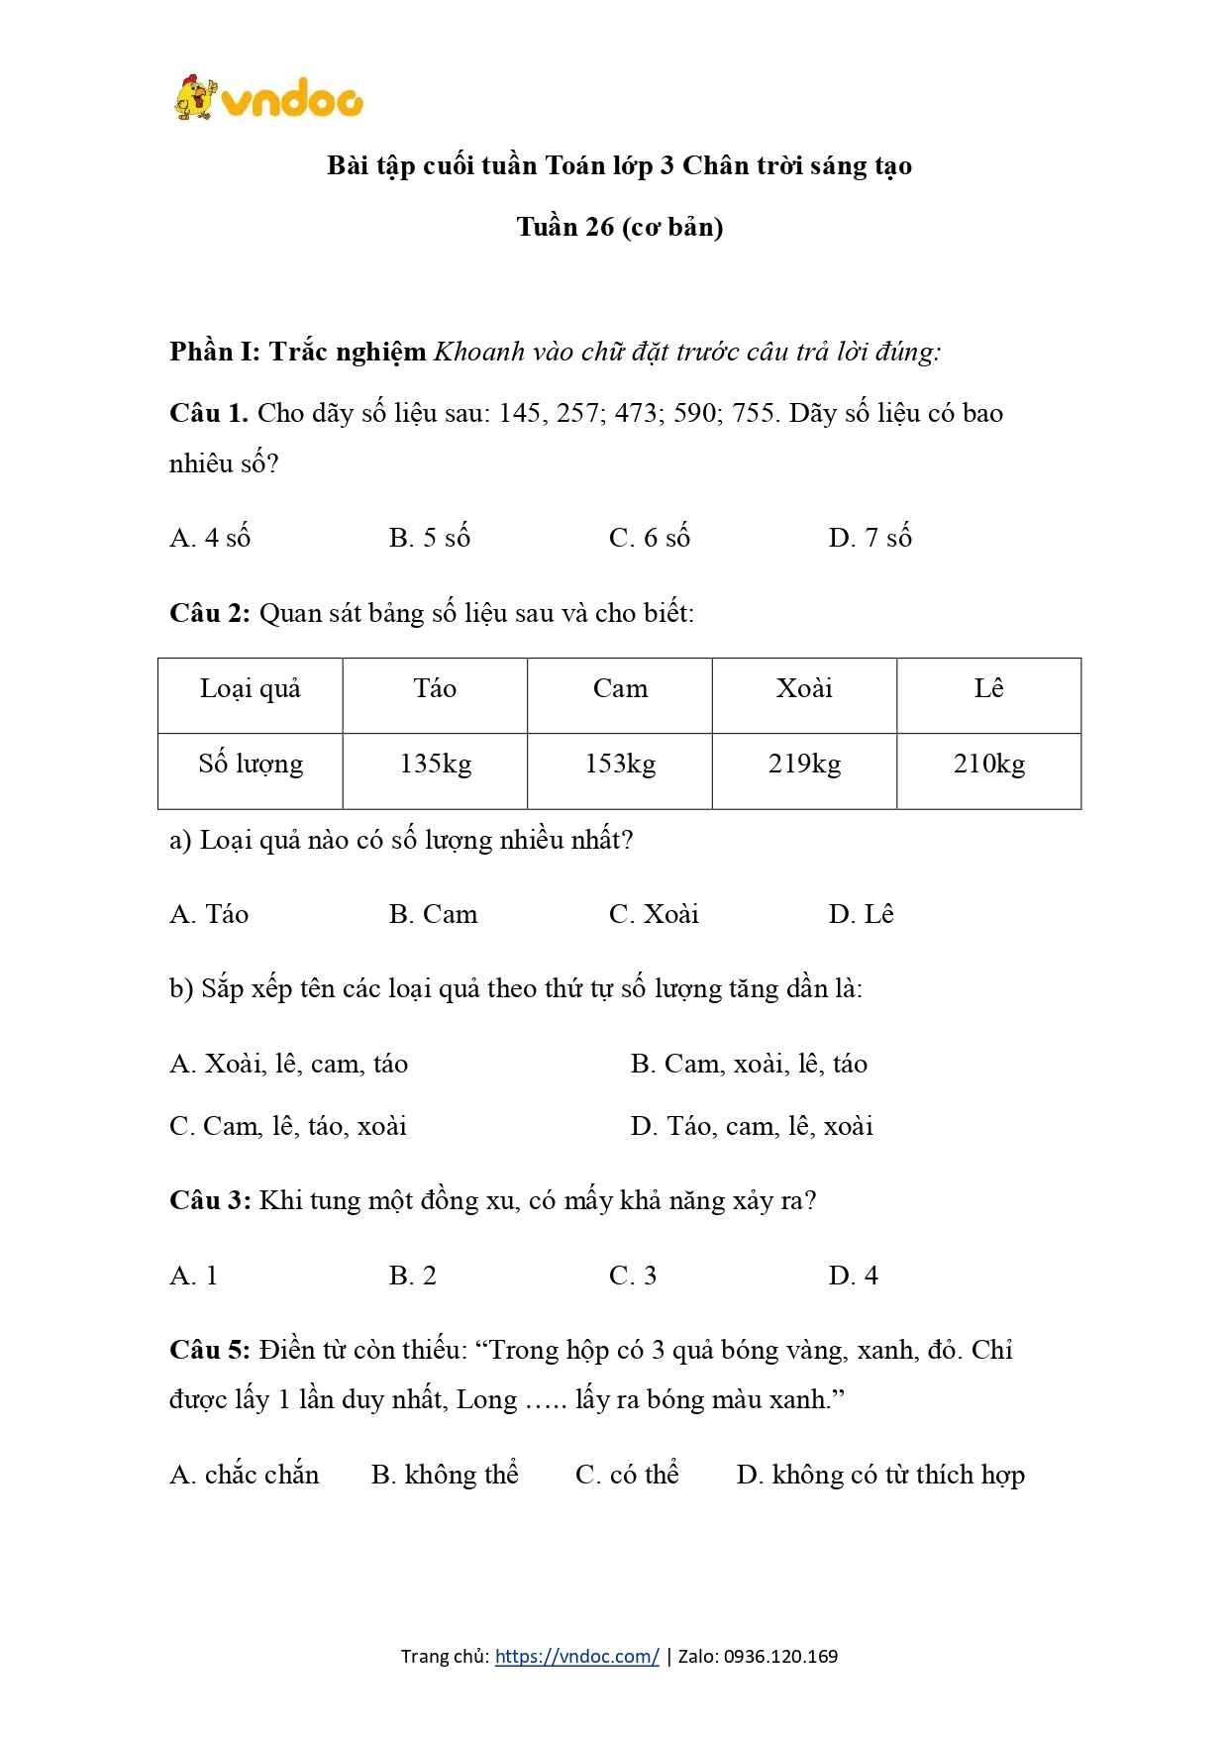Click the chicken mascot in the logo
point(195,98)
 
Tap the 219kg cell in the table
point(804,765)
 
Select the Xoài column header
point(804,689)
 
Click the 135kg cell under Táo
point(436,765)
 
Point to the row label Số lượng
point(251,765)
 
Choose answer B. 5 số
point(430,538)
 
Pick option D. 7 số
point(870,538)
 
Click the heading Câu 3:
point(210,1201)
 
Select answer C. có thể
point(627,1475)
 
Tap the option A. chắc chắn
point(245,1475)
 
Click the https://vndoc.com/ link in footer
point(576,1656)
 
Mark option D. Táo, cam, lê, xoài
point(752,1126)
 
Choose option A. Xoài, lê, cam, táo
point(289,1064)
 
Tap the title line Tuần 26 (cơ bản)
point(620,227)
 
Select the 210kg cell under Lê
point(989,765)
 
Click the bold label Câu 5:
point(210,1351)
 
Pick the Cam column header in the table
point(620,689)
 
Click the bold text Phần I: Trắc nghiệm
point(298,352)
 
